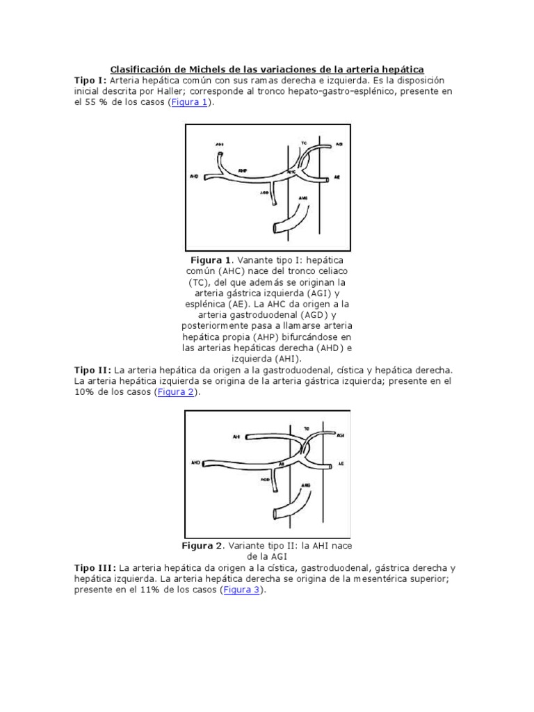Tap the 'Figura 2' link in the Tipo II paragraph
click(x=176, y=392)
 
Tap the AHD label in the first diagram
click(x=194, y=177)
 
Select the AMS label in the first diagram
click(x=303, y=198)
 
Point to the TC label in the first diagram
click(x=304, y=142)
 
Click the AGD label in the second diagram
click(x=266, y=479)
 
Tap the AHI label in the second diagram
click(x=237, y=437)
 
